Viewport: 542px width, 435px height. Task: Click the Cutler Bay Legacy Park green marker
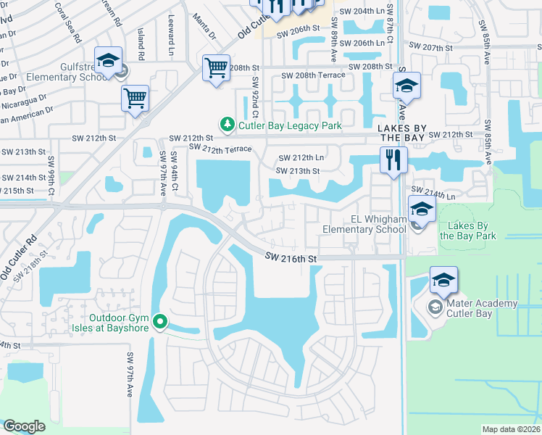click(228, 125)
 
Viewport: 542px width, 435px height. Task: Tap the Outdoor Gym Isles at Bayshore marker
click(161, 323)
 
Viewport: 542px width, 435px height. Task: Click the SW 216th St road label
click(291, 257)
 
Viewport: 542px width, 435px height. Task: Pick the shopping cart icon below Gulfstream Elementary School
click(135, 98)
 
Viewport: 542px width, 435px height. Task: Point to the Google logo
click(24, 426)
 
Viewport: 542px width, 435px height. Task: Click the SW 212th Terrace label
click(220, 149)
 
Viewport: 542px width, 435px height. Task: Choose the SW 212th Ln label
click(303, 157)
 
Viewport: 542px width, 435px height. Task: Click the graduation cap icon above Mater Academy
click(443, 280)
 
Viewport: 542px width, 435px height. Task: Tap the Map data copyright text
click(510, 429)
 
